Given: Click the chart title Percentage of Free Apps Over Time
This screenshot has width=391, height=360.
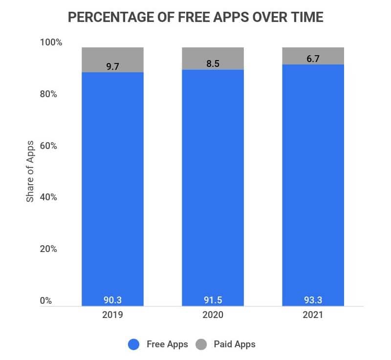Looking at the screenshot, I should click(x=195, y=17).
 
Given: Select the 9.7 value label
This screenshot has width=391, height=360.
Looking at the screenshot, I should click(x=112, y=67).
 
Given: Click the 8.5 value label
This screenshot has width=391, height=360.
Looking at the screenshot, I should click(x=213, y=64).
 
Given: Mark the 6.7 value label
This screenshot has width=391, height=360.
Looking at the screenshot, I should click(x=313, y=59).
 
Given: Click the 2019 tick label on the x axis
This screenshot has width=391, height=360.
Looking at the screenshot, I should click(x=112, y=315).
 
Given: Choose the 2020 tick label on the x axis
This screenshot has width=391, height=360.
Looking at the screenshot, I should click(x=213, y=315).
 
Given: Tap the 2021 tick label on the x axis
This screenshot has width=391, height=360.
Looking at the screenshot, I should click(x=313, y=315).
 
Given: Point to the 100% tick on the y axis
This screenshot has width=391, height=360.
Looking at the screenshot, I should click(x=51, y=42).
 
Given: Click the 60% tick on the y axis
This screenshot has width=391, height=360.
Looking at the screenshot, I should click(x=48, y=146).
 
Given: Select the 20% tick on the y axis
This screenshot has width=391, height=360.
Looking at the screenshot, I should click(x=48, y=249).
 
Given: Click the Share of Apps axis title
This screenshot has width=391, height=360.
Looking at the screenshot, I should click(x=30, y=171).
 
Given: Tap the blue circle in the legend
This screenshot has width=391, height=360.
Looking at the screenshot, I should click(x=134, y=344).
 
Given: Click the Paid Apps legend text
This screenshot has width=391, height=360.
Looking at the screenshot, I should click(x=235, y=344).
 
